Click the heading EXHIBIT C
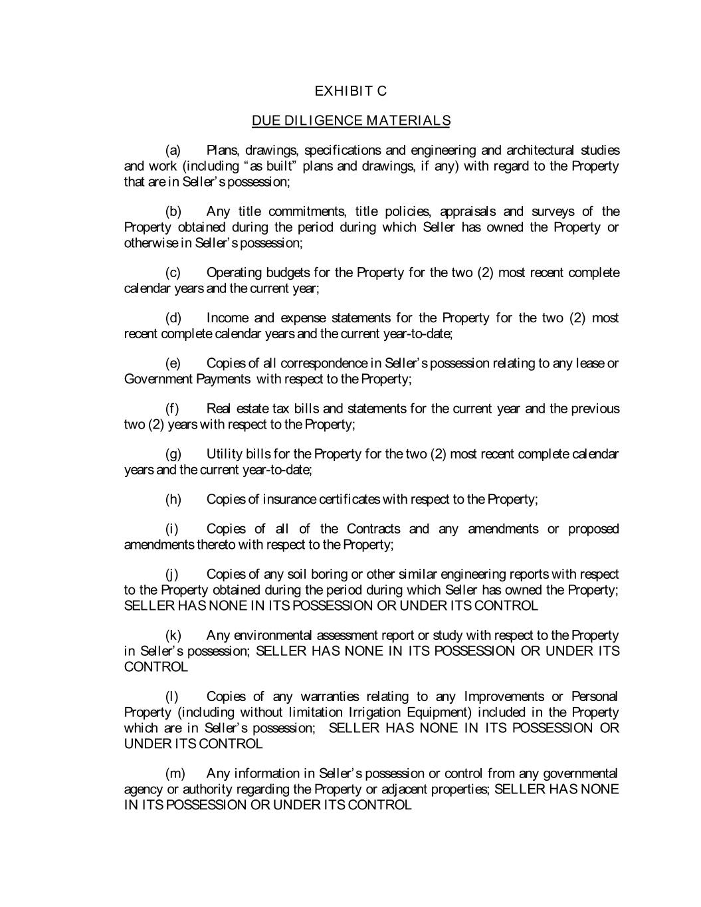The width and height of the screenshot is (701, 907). point(350,91)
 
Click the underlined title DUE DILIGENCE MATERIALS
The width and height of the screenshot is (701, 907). point(351,121)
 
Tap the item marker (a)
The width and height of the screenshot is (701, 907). point(173,150)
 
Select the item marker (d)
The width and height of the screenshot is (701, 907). point(173,318)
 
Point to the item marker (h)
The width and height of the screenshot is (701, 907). point(173,499)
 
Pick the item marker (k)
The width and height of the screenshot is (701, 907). point(173,635)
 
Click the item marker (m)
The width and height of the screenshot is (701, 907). point(175,773)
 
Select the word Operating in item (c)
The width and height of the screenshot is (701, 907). point(234,272)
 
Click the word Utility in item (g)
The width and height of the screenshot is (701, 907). point(224,454)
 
